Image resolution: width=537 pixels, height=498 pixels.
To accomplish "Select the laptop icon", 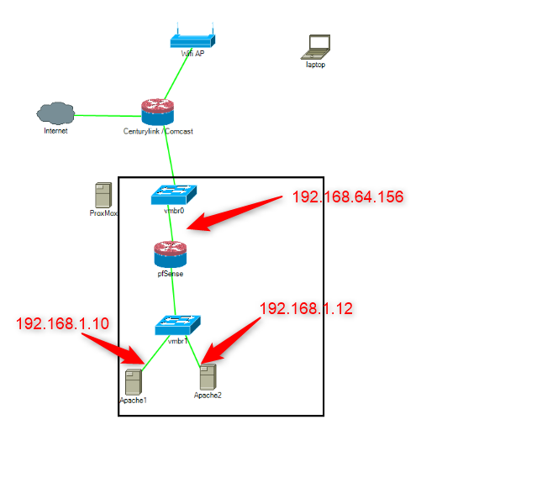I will pyautogui.click(x=317, y=47).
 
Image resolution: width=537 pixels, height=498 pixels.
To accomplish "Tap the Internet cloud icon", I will pyautogui.click(x=55, y=113).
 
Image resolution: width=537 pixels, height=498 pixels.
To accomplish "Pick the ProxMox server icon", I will pyautogui.click(x=103, y=195).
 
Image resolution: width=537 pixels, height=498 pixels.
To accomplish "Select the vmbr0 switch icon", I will pyautogui.click(x=174, y=195).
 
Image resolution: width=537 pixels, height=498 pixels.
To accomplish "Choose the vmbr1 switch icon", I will pyautogui.click(x=177, y=325).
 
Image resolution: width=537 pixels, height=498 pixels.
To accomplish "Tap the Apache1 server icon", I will pyautogui.click(x=133, y=382).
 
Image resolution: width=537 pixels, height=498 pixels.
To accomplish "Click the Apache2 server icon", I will pyautogui.click(x=208, y=376).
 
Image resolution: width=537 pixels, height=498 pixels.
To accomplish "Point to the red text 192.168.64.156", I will pyautogui.click(x=348, y=197).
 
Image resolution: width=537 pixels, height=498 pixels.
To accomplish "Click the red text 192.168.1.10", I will pyautogui.click(x=62, y=323).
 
